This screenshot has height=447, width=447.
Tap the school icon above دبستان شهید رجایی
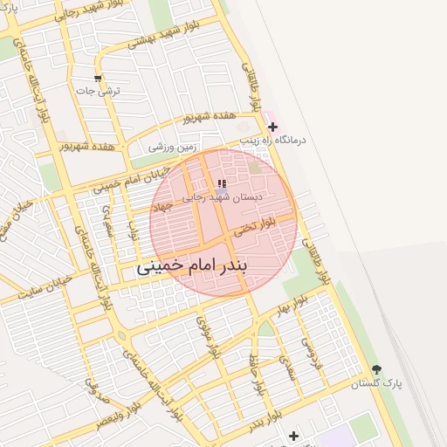click(x=222, y=183)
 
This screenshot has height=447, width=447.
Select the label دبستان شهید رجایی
click(x=221, y=198)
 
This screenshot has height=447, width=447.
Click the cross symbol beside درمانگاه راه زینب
click(x=272, y=127)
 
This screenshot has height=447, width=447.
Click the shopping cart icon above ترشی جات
click(x=98, y=79)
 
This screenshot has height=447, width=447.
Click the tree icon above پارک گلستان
click(x=377, y=370)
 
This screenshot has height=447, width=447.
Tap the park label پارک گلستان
click(x=376, y=384)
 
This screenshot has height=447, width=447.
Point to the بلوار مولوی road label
click(x=214, y=340)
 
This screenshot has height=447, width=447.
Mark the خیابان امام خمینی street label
click(x=117, y=181)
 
